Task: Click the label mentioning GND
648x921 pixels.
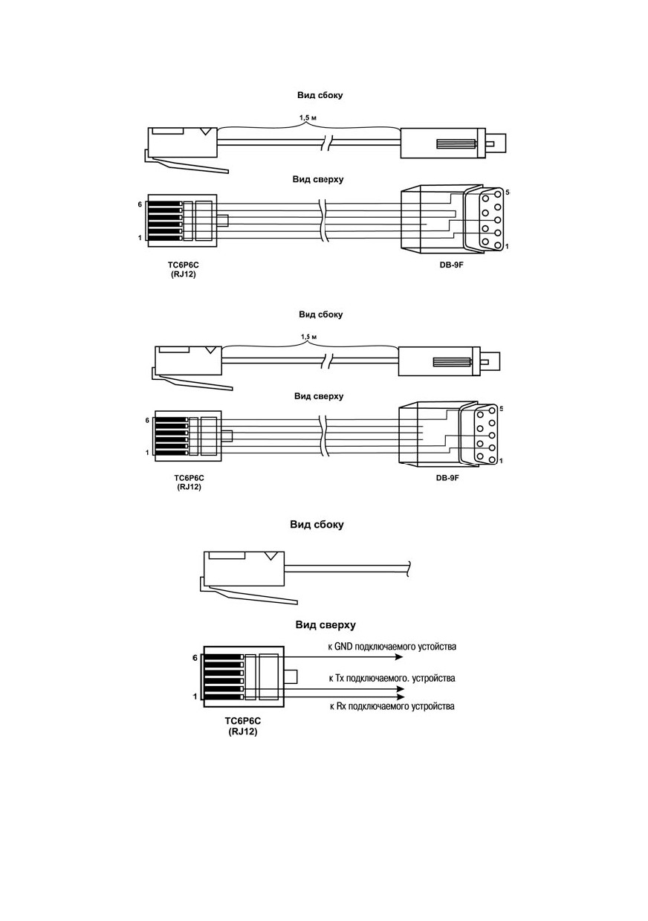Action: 392,647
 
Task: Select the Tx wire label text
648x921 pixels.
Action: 392,678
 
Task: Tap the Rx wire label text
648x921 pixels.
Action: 392,706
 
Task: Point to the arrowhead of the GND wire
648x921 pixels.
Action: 398,657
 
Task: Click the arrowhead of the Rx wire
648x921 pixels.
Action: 400,697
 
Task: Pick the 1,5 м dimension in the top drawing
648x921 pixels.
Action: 308,118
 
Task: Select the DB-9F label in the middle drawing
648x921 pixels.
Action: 447,478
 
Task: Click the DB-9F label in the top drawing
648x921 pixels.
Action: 451,265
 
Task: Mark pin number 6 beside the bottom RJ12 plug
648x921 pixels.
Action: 195,658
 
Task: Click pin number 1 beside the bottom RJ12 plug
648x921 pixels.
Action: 195,697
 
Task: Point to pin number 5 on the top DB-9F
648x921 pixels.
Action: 507,192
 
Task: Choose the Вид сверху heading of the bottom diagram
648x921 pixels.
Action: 325,625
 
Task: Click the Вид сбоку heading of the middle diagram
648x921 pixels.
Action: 321,314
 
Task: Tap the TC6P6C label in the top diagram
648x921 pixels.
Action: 183,265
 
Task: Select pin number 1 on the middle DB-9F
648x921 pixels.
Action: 501,461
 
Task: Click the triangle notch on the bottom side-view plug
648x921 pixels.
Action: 271,556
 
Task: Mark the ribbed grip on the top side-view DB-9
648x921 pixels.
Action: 456,144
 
